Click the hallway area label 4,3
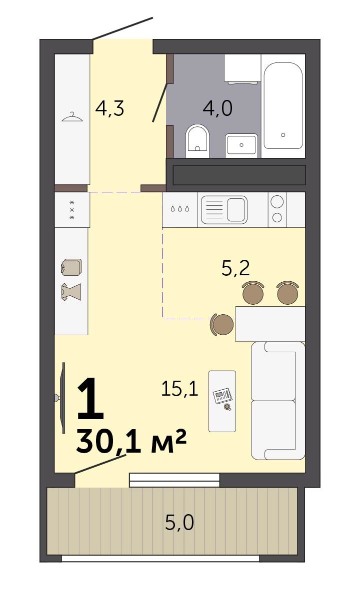(x=109, y=109)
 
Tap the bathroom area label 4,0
(x=217, y=108)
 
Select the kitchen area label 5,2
(x=235, y=268)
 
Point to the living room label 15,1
(x=179, y=389)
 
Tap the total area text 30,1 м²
(x=131, y=441)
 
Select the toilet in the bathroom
(x=197, y=141)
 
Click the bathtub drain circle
(x=283, y=135)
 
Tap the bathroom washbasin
(x=241, y=145)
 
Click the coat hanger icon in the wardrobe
(x=72, y=117)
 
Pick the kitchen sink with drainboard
(x=224, y=210)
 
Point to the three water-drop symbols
(x=180, y=208)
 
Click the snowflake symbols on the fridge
(x=72, y=210)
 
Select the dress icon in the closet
(x=71, y=292)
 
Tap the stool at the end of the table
(x=221, y=324)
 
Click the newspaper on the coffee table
(x=222, y=395)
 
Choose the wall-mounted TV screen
(x=63, y=398)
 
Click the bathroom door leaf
(x=160, y=102)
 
